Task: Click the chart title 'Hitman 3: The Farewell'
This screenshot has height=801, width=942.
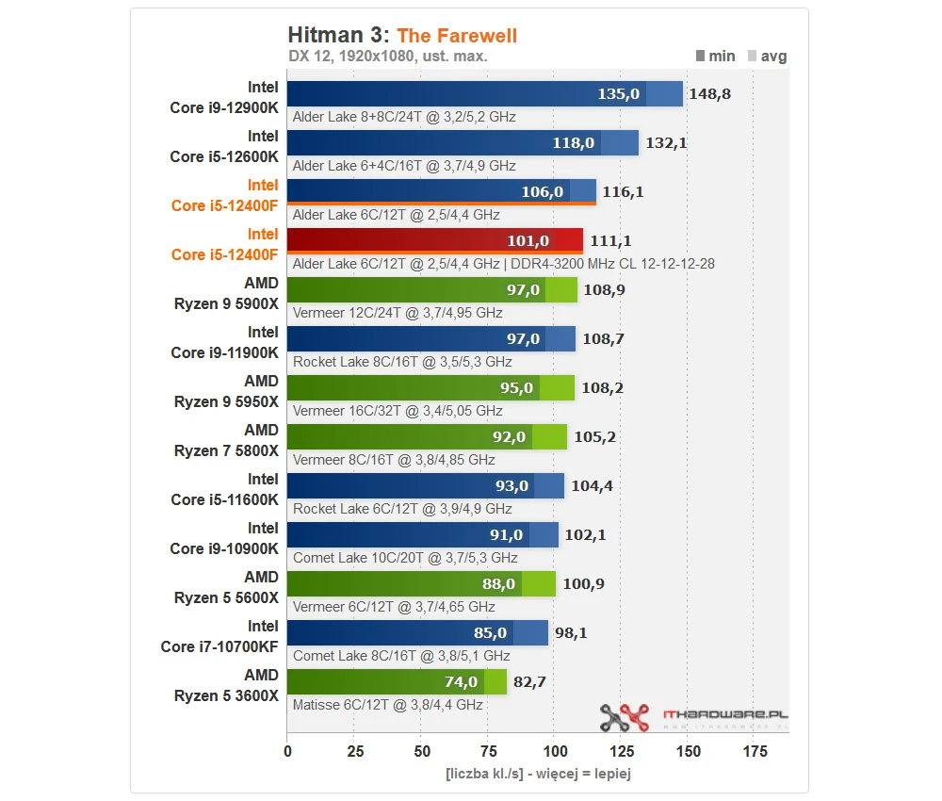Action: tap(402, 36)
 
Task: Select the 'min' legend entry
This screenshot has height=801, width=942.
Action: tap(715, 56)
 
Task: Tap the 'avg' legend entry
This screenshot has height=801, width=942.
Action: tap(767, 56)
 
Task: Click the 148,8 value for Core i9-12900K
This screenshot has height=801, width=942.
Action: tap(710, 94)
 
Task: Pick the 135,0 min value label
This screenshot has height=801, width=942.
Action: tap(619, 94)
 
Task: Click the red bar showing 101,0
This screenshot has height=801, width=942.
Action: tap(434, 240)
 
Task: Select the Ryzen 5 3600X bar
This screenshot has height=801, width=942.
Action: tap(396, 681)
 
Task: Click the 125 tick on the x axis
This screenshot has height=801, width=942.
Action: tap(621, 752)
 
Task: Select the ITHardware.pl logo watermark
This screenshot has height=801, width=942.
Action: tap(693, 717)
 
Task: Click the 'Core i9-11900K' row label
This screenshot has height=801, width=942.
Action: tap(224, 352)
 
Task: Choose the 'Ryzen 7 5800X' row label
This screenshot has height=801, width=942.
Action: tap(226, 450)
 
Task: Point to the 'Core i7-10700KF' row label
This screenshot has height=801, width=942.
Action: tap(219, 646)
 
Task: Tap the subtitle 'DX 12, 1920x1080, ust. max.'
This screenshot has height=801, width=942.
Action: tap(387, 57)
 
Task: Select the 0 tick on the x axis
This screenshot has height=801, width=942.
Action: tap(287, 752)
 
